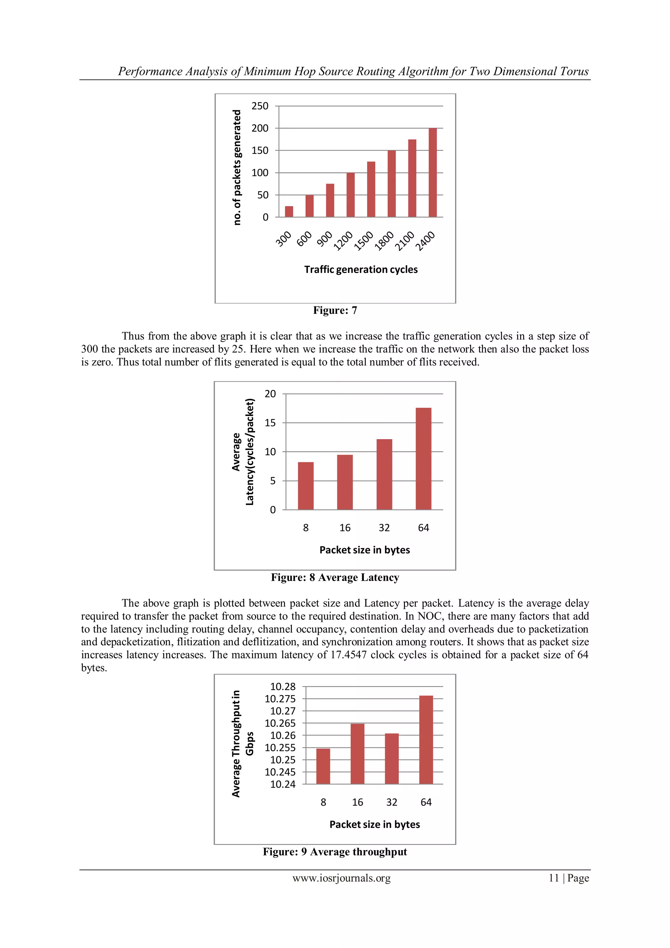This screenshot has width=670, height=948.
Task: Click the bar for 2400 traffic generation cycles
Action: click(x=432, y=172)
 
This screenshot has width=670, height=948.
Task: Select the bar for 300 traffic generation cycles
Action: click(x=289, y=211)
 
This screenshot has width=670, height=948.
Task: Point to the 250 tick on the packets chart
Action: click(x=260, y=106)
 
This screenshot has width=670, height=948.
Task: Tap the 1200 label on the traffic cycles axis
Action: click(x=344, y=241)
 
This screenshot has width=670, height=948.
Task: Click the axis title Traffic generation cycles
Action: click(x=361, y=270)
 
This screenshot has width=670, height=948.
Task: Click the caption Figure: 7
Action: click(x=335, y=310)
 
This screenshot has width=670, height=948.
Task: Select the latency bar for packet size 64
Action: click(x=423, y=458)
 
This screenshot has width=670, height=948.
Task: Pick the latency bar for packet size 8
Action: click(x=306, y=486)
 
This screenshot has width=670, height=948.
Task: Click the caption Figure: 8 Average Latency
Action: click(x=335, y=577)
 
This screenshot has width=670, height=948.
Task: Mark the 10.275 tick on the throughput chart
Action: click(x=280, y=699)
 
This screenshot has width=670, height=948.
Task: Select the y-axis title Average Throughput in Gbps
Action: click(x=242, y=743)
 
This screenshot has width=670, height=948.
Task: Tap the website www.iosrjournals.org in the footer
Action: click(x=342, y=878)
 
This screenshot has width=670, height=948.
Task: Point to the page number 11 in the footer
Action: click(x=553, y=878)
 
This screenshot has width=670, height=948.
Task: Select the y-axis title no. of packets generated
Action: click(x=237, y=167)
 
